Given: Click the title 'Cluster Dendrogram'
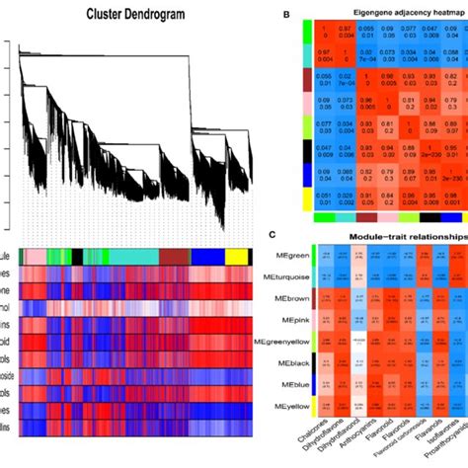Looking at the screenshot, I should pos(125,15).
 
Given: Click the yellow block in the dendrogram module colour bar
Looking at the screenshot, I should pos(236,256).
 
